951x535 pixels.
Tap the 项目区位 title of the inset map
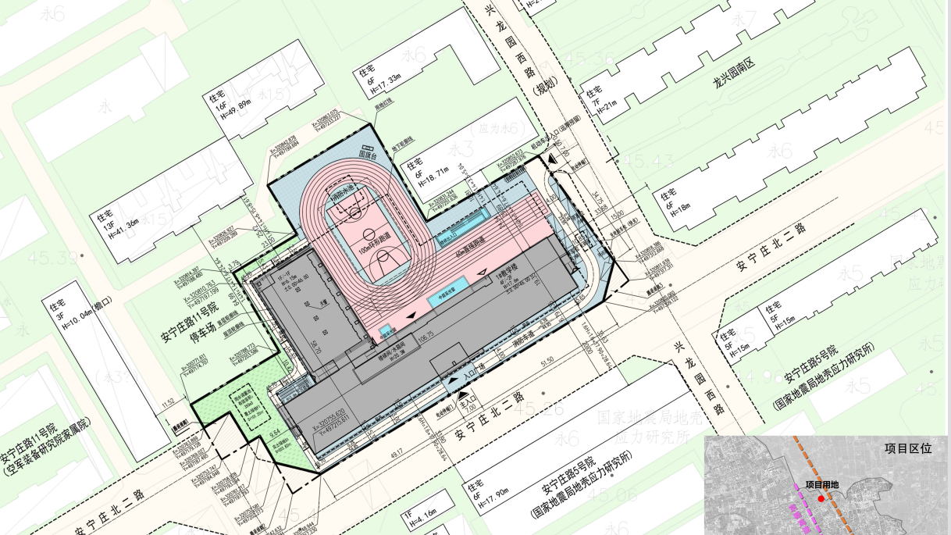click(x=908, y=449)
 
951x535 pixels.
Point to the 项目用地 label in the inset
click(x=821, y=485)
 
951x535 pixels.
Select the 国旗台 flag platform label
click(x=368, y=155)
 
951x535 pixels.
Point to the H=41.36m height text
click(x=119, y=226)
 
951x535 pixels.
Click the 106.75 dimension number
click(x=426, y=338)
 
